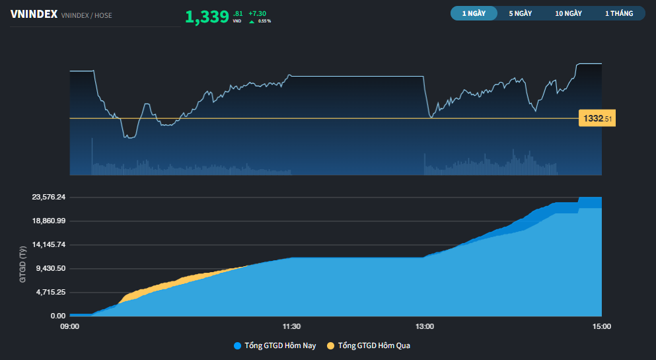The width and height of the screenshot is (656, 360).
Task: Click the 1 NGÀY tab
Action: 474,13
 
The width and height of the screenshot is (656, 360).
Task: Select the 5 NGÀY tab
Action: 520,13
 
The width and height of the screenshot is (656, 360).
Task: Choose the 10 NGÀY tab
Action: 568,13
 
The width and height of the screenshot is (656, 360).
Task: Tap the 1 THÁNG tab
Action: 618,13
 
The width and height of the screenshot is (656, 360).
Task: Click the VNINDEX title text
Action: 33,14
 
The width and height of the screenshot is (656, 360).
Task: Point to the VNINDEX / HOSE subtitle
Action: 86,15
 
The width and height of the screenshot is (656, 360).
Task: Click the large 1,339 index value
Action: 207,17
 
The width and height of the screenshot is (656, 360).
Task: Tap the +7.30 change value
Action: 257,13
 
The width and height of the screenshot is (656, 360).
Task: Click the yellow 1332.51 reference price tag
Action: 597,119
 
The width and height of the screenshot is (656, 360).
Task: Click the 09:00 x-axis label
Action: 69,326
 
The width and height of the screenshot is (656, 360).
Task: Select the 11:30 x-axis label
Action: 291,326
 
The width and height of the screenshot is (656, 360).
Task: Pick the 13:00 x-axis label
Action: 425,326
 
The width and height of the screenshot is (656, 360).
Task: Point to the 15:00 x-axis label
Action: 602,326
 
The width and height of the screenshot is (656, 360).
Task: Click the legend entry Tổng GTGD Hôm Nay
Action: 280,345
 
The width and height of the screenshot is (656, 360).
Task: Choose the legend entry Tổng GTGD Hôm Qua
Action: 373,345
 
